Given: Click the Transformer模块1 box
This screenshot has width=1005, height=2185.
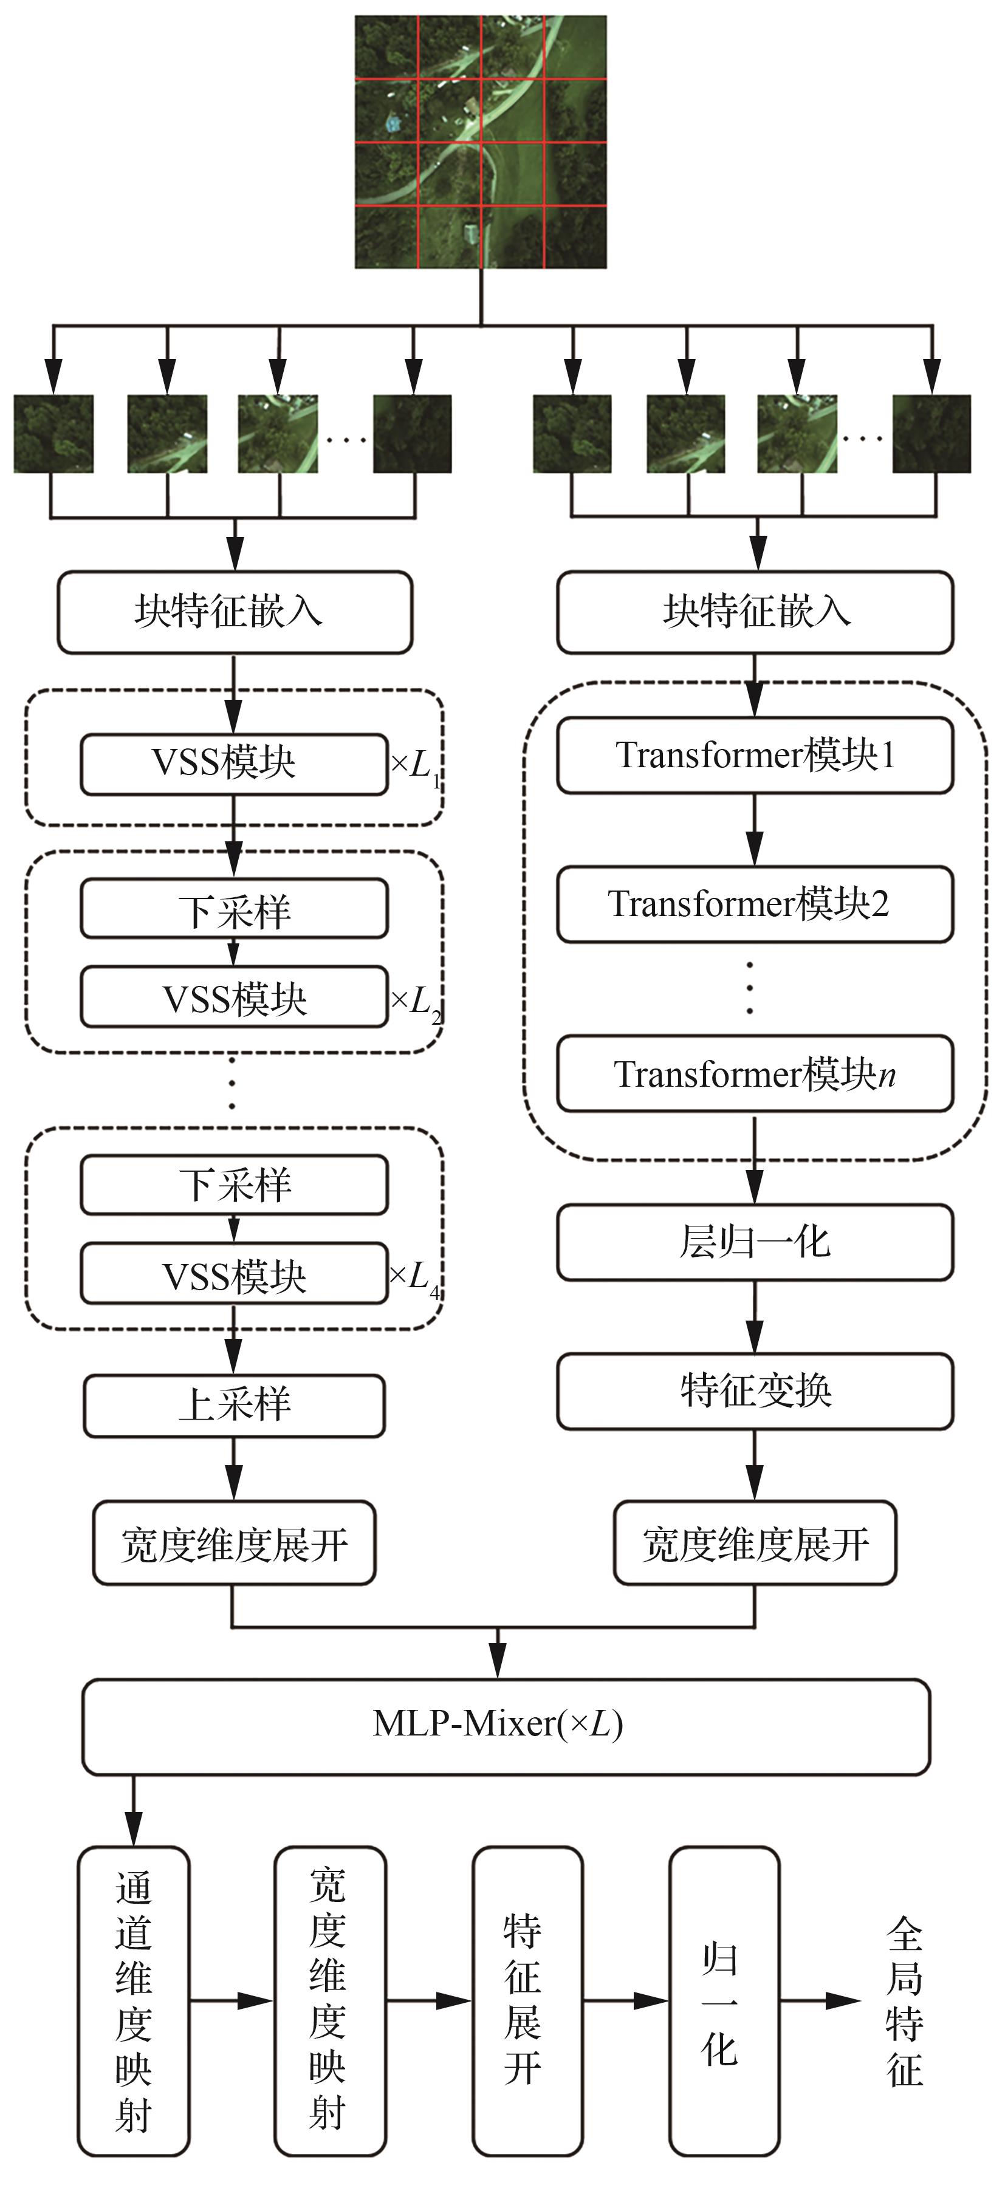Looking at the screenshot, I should (x=755, y=755).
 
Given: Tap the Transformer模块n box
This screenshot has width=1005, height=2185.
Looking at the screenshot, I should (x=755, y=1073).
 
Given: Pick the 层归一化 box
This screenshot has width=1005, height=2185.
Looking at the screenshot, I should (x=755, y=1242).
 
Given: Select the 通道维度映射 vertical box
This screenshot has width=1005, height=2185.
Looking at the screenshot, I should (x=133, y=2002).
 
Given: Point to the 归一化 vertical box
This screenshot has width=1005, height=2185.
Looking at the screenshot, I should (x=724, y=2002).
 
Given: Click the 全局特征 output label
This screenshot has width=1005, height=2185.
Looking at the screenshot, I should (x=905, y=2002).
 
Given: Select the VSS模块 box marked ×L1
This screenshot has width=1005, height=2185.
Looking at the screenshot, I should (x=234, y=764).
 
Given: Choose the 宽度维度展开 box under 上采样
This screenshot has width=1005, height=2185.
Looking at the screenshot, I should (x=234, y=1543).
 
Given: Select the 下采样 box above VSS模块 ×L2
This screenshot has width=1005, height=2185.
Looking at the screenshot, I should (x=234, y=909).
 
